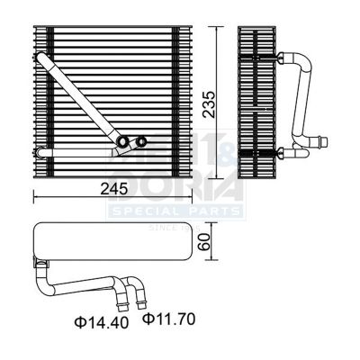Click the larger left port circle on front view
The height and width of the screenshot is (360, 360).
122,142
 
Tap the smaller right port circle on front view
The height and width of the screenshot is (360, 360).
141,141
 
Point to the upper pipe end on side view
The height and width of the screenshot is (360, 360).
286,56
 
